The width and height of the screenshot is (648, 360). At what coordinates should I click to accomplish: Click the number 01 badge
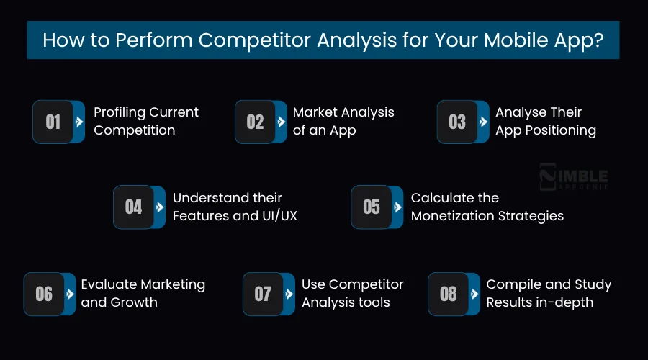click(x=53, y=122)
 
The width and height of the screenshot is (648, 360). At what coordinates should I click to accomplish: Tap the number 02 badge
click(x=255, y=122)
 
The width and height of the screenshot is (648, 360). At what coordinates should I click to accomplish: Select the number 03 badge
click(x=457, y=122)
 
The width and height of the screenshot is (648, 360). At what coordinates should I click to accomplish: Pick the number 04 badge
click(x=134, y=207)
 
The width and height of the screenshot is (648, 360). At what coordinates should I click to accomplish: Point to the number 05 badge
click(x=372, y=207)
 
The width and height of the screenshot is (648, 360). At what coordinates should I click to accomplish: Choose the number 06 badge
click(x=44, y=294)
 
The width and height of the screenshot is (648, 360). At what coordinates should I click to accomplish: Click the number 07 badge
click(x=263, y=294)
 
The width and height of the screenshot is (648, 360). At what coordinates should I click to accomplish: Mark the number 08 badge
click(x=448, y=294)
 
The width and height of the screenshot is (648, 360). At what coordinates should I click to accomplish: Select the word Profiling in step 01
click(x=120, y=112)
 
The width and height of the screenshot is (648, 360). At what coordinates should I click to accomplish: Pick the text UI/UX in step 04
click(x=274, y=216)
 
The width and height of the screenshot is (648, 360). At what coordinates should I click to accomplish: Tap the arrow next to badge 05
click(x=397, y=207)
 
